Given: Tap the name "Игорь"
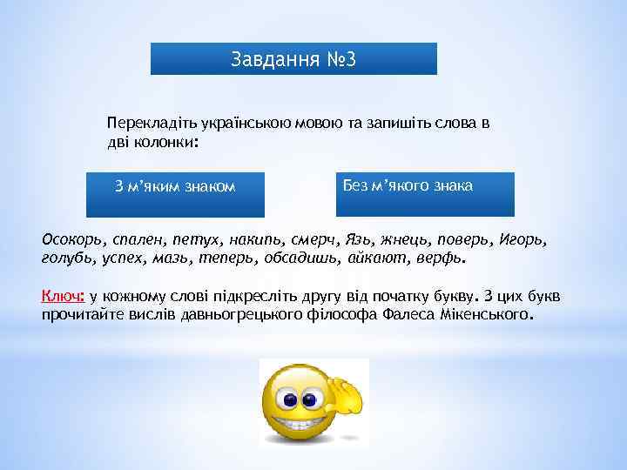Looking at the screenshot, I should [x=526, y=238].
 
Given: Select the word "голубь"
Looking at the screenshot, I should [x=68, y=258].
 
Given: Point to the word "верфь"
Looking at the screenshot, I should [x=439, y=258].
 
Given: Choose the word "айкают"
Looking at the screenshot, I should [x=377, y=258].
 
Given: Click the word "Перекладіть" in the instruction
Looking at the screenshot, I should [x=145, y=124].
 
